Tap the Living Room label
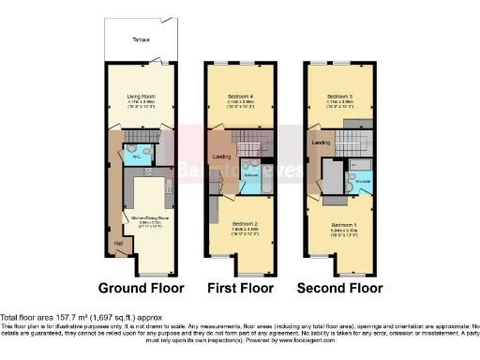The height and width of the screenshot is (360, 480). tap(141, 94)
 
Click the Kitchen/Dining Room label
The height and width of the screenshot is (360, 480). tap(145, 223)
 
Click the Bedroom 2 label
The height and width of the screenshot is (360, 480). tap(242, 224)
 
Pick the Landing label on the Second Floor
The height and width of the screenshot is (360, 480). tap(320, 142)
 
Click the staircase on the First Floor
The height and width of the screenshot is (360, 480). tap(251, 142)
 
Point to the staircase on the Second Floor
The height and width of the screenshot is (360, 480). tap(352, 142)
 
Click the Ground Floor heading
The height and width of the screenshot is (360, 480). tap(141, 288)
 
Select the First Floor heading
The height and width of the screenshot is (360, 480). tap(241, 288)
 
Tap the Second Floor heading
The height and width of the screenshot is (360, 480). tap(339, 288)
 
